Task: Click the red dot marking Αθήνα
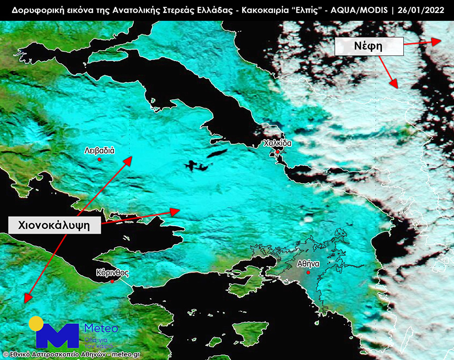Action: (x=309, y=272)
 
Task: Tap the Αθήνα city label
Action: (x=309, y=264)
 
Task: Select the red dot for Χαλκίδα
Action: (x=277, y=152)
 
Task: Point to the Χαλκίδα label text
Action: (x=277, y=143)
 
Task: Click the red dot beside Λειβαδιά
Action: (x=99, y=159)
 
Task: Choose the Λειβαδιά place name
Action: (x=99, y=150)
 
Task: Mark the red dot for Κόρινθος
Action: (x=112, y=281)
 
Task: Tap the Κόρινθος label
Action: (x=112, y=273)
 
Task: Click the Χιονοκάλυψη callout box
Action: (x=54, y=225)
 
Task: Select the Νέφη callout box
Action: (x=369, y=48)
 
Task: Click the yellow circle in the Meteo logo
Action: (x=36, y=323)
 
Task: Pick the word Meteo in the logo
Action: (x=101, y=329)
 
